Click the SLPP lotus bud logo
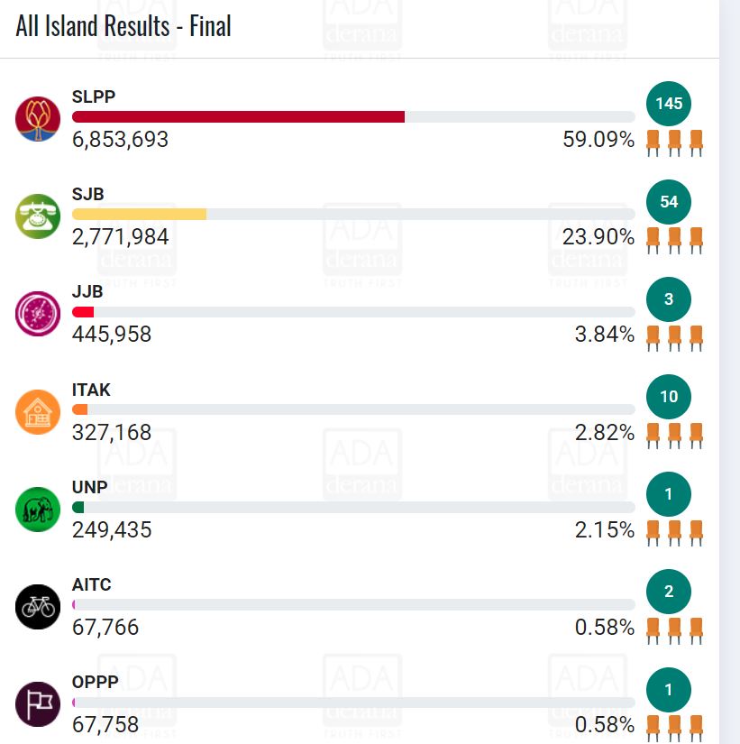[x=38, y=118]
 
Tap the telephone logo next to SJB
[x=38, y=216]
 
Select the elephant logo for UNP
[x=38, y=509]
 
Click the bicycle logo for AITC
[x=38, y=606]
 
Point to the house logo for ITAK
[x=38, y=411]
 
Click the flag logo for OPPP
[x=38, y=703]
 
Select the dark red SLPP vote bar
[x=238, y=117]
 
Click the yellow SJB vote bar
[x=139, y=215]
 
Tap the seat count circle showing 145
[x=669, y=104]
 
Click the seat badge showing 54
[x=669, y=201]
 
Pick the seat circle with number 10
[x=669, y=396]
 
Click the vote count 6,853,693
[x=120, y=140]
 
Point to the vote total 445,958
[x=112, y=335]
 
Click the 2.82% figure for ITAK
[x=605, y=432]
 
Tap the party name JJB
[x=87, y=292]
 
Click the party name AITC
[x=91, y=584]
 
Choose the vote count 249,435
[x=112, y=529]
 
